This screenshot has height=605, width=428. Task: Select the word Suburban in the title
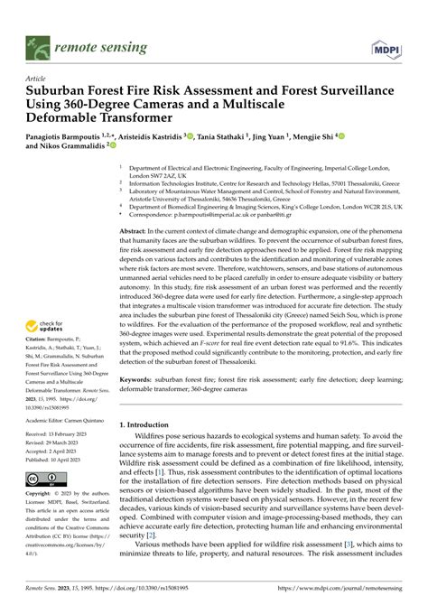click(61, 91)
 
